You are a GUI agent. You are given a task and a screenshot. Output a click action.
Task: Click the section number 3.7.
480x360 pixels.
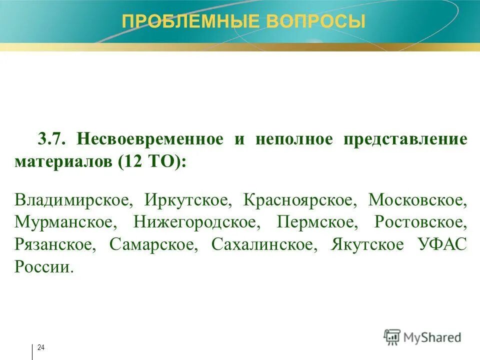[x=53, y=139]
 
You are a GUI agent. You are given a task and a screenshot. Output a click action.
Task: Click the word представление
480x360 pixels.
[x=405, y=139]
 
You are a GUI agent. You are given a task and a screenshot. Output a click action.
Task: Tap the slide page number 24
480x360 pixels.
[x=41, y=347]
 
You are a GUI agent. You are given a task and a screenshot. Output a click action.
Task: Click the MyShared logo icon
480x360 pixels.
[x=392, y=337]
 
